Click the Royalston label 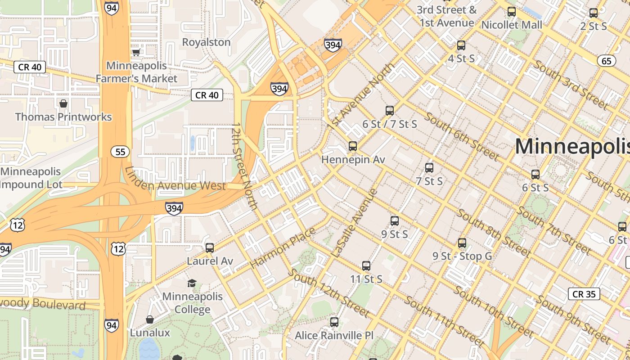point(206,42)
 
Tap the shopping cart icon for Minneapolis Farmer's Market point(136,52)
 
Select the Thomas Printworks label point(63,117)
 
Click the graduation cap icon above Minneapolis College point(192,283)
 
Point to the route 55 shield point(120,152)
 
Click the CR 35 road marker point(584,294)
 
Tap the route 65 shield point(607,60)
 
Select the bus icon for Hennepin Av point(353,146)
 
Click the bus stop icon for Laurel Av point(210,247)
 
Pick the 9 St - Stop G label point(462,256)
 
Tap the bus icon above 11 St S point(366,266)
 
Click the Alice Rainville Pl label point(334,336)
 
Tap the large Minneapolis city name point(572,146)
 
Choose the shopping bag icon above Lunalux point(150,319)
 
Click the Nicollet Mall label point(512,25)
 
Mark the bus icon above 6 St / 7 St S point(390,111)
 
